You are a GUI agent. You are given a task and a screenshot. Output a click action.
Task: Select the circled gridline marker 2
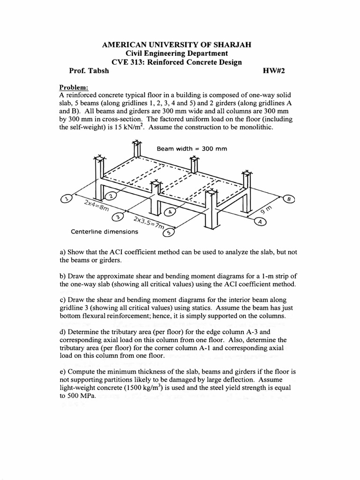[x=111, y=195]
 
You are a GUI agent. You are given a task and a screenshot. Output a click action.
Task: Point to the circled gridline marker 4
[x=171, y=211]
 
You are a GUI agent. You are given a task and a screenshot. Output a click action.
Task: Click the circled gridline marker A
[x=258, y=222]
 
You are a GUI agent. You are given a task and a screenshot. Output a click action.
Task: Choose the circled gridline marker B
[x=289, y=199]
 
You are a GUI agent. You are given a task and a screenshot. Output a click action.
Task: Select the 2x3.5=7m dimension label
[x=148, y=223]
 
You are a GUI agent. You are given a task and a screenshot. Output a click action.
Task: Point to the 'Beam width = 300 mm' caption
[x=192, y=149]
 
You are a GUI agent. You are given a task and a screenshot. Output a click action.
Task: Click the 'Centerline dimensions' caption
[x=104, y=232]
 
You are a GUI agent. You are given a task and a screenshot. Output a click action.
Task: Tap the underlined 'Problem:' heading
[x=74, y=87]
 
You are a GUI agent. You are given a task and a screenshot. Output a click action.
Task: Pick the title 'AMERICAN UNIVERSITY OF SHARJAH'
[x=177, y=45]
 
